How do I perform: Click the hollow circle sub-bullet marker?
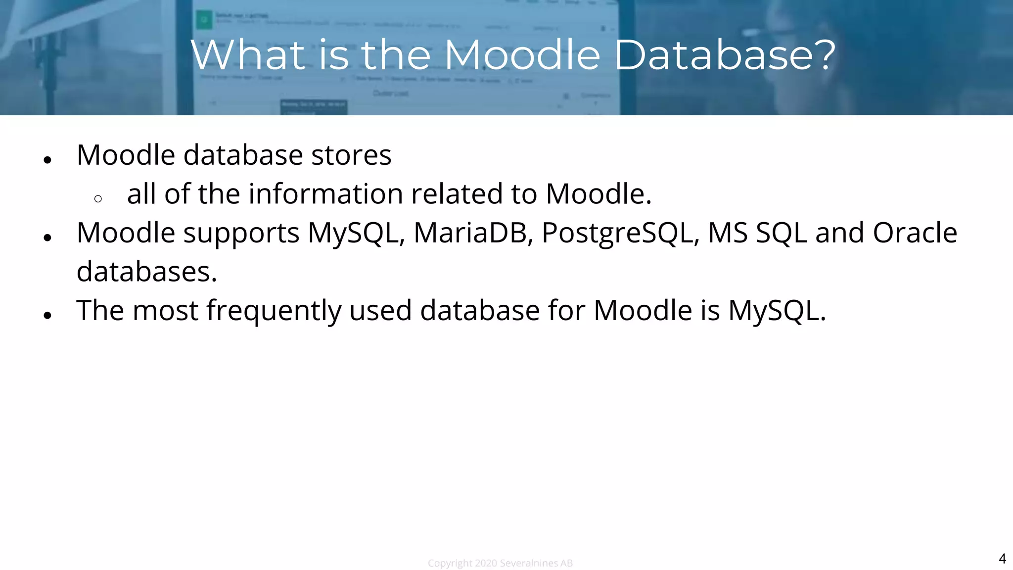(98, 199)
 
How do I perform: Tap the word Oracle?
(915, 233)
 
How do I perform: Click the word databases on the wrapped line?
(146, 272)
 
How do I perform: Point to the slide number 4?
(1002, 559)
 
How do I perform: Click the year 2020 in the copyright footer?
(486, 563)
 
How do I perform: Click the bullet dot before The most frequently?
(47, 315)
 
